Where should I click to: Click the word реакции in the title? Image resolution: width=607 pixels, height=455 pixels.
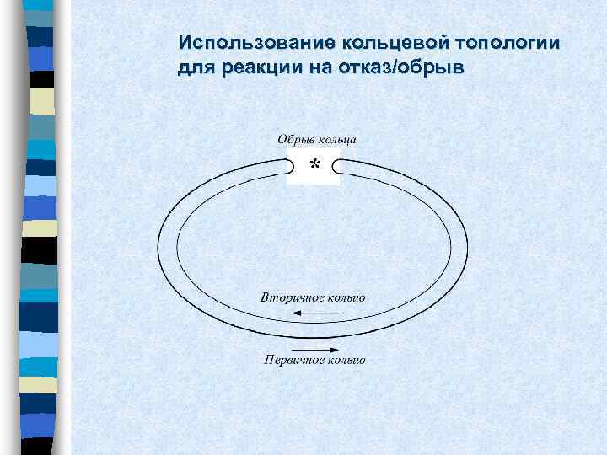(x=261, y=67)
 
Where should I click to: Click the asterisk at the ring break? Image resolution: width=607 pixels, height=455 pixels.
(x=314, y=163)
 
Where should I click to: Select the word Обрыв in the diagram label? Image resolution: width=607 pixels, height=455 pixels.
(x=293, y=138)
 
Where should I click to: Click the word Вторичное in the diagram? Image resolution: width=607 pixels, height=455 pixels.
(x=288, y=298)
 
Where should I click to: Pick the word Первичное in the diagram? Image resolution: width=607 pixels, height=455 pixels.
(x=290, y=361)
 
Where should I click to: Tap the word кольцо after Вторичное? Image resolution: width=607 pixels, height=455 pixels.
(x=346, y=298)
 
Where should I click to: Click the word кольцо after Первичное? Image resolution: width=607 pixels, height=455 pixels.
(x=346, y=361)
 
